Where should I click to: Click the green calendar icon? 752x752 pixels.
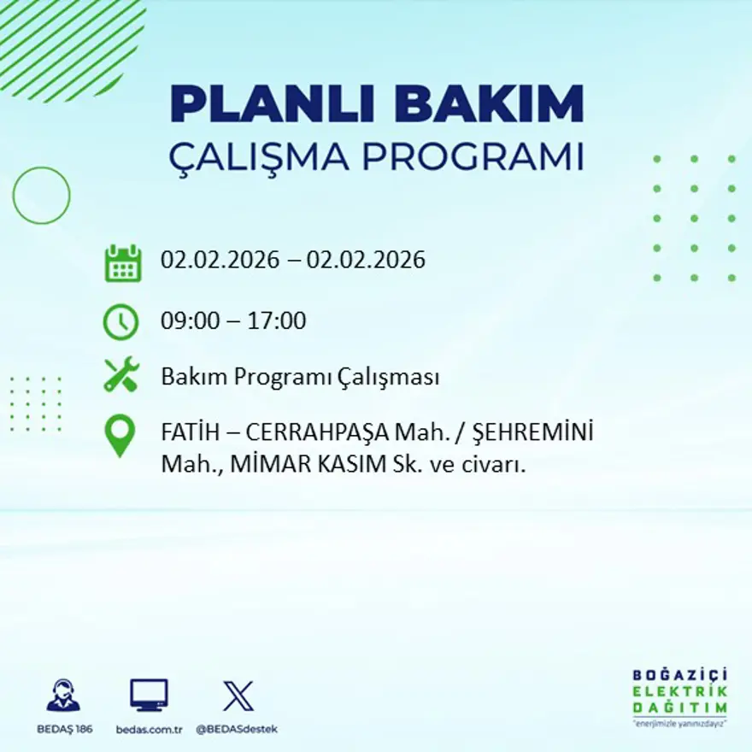pyautogui.click(x=122, y=263)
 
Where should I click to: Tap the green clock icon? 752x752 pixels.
pyautogui.click(x=120, y=322)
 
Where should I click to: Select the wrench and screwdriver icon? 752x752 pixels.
pyautogui.click(x=121, y=375)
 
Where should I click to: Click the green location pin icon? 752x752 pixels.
pyautogui.click(x=120, y=435)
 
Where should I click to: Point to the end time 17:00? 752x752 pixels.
pyautogui.click(x=277, y=321)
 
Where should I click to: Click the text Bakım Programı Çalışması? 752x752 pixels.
pyautogui.click(x=300, y=377)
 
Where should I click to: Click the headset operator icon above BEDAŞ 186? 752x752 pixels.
pyautogui.click(x=63, y=696)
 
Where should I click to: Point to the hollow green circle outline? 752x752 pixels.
pyautogui.click(x=41, y=196)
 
